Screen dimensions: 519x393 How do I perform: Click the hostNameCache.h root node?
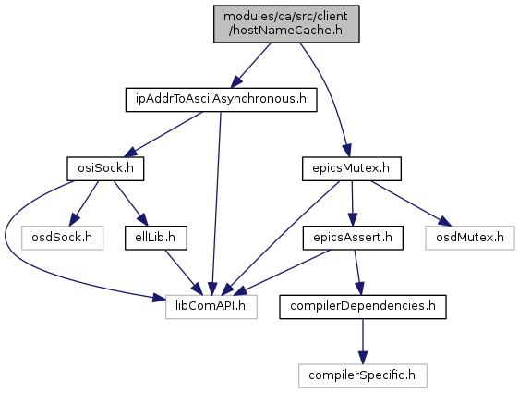pyautogui.click(x=286, y=24)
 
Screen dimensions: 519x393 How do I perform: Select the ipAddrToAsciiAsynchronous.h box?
pyautogui.click(x=221, y=100)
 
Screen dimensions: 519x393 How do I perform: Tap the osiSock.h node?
pyautogui.click(x=105, y=168)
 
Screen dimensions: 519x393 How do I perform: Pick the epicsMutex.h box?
pyautogui.click(x=352, y=168)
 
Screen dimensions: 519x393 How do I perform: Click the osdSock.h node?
pyautogui.click(x=62, y=238)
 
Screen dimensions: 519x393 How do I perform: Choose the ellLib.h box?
pyautogui.click(x=156, y=238)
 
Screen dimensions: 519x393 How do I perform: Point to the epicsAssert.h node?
pyautogui.click(x=353, y=238)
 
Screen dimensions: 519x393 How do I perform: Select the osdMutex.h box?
pyautogui.click(x=470, y=238)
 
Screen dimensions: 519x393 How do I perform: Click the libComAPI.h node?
pyautogui.click(x=211, y=306)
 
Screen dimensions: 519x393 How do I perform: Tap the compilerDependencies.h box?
pyautogui.click(x=363, y=306)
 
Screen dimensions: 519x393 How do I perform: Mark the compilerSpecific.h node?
pyautogui.click(x=363, y=375)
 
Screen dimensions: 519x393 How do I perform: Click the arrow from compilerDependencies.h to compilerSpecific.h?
pyautogui.click(x=363, y=341)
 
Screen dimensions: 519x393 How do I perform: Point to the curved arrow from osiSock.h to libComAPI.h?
pyautogui.click(x=20, y=259)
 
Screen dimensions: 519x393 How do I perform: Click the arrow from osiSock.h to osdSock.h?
pyautogui.click(x=84, y=203)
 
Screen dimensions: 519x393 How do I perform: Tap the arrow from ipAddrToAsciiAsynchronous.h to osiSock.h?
pyautogui.click(x=163, y=134)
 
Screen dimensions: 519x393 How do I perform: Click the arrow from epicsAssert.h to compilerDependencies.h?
pyautogui.click(x=358, y=273)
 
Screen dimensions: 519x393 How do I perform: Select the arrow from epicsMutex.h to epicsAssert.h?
pyautogui.click(x=352, y=203)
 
